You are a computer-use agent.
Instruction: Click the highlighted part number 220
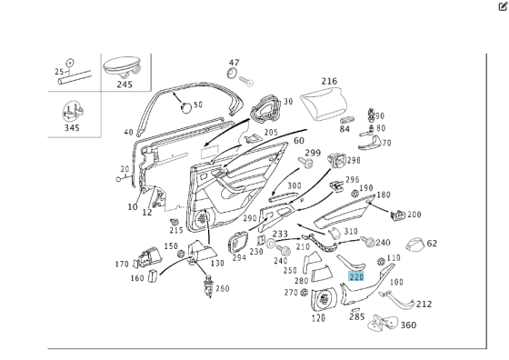point(356,275)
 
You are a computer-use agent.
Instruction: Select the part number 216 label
point(328,81)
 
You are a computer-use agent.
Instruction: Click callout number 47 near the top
point(234,62)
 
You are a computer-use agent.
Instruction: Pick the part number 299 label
point(313,152)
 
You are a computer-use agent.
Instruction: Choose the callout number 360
point(408,325)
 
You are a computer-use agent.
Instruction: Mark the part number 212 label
point(424,304)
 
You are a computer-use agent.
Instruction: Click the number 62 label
point(432,243)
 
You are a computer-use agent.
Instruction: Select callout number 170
point(121,265)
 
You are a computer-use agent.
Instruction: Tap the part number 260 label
point(222,288)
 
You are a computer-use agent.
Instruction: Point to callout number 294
point(239,257)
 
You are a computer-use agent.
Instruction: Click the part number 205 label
point(271,132)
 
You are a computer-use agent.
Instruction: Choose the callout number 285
point(356,317)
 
